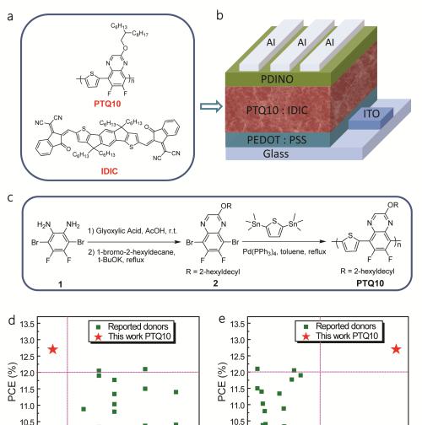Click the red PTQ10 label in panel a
coord(107,104)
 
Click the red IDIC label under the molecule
coord(109,171)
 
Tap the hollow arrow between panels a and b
coord(211,106)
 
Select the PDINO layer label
coord(277,79)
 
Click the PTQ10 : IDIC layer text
coord(277,110)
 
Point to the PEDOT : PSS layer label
coord(277,140)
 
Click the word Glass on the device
coord(276,153)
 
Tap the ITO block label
coord(371,114)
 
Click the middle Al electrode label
coord(302,42)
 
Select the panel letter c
coord(10,197)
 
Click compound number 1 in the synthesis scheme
coord(60,284)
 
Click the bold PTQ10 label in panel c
coord(370,283)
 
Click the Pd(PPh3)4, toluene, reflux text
coord(284,251)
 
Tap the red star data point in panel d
coord(52,349)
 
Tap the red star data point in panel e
coord(396,349)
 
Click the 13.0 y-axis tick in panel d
coord(27,341)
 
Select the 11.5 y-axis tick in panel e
coord(237,389)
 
